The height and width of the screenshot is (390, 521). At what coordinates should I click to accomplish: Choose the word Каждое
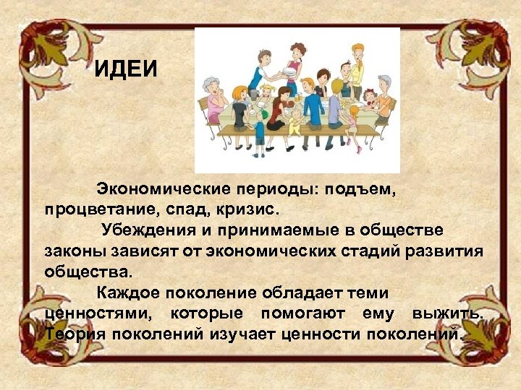(127, 294)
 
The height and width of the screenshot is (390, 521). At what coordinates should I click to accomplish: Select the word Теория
(72, 334)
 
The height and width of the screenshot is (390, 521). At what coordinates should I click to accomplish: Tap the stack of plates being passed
(289, 72)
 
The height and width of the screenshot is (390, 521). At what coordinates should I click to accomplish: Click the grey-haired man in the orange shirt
(384, 97)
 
